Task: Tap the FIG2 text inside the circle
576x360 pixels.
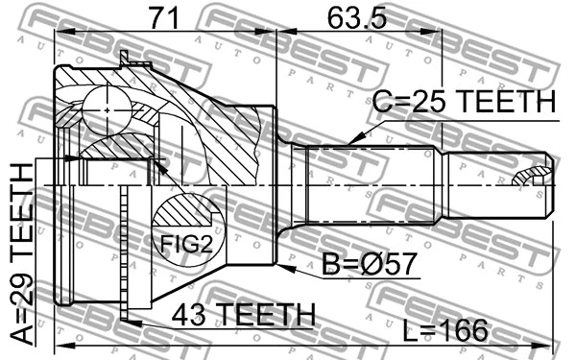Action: (184, 246)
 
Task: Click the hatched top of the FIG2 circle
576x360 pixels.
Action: (184, 211)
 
